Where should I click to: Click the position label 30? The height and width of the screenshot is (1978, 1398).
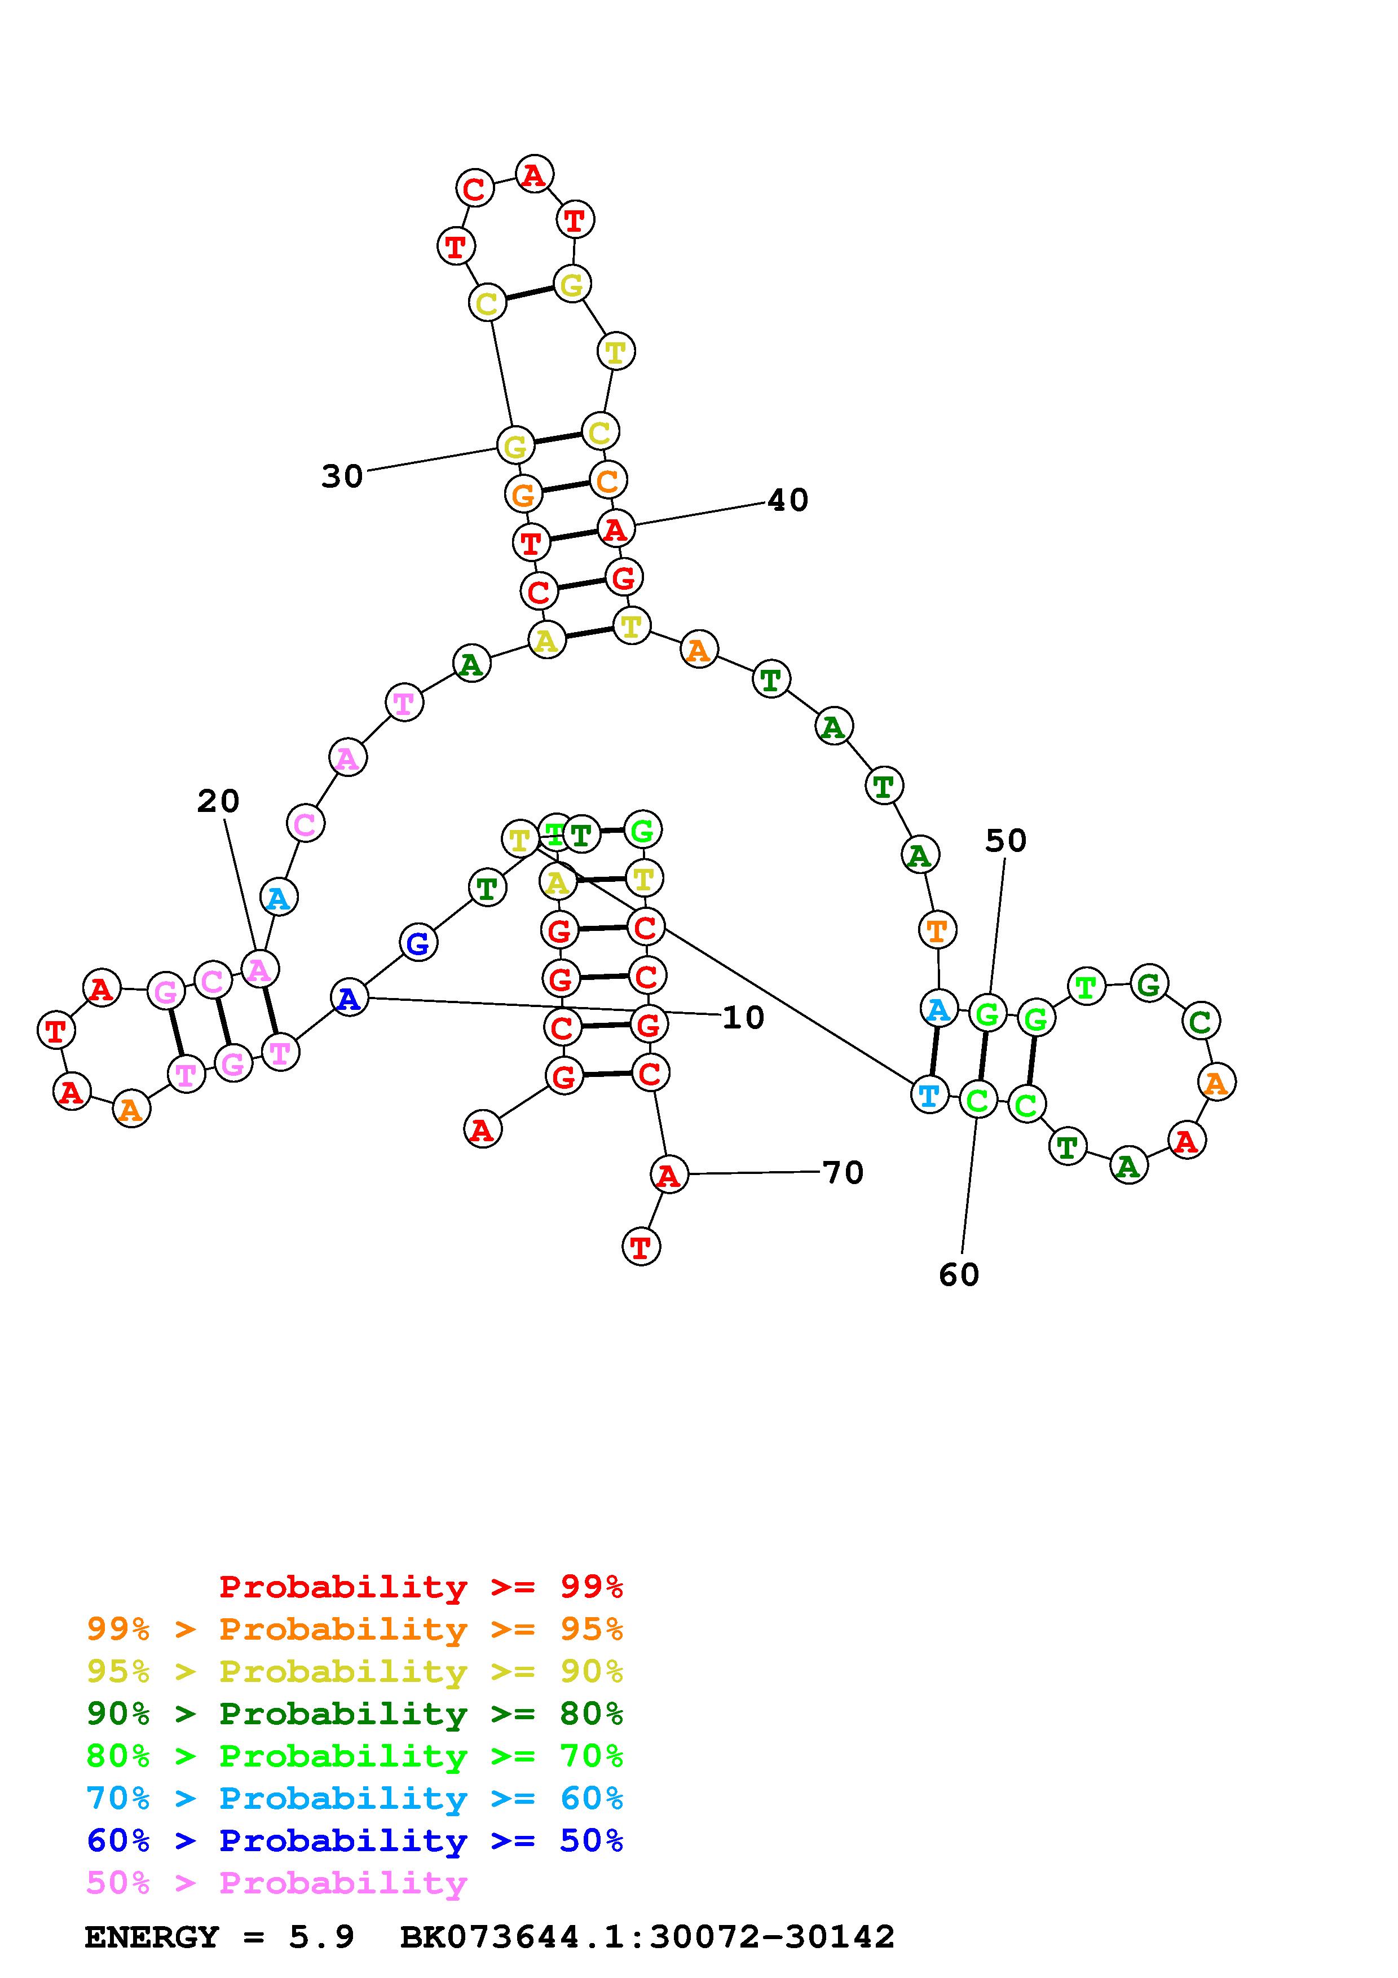[x=342, y=475]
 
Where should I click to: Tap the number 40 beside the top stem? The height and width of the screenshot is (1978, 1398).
[x=787, y=500]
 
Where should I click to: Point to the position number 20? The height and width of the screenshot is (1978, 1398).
[x=218, y=801]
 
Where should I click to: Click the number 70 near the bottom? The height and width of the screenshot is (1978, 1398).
[x=843, y=1172]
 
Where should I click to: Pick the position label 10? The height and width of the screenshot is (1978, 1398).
[x=743, y=1017]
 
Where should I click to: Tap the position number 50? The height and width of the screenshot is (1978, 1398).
[x=1005, y=840]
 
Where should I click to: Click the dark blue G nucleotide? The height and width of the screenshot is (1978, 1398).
[x=418, y=943]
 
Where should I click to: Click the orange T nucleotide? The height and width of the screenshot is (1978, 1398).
[x=936, y=930]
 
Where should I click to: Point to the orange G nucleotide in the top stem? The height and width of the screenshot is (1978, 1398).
[x=523, y=496]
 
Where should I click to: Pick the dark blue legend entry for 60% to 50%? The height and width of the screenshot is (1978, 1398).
[x=354, y=1840]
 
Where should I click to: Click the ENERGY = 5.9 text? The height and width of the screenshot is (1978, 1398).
[x=219, y=1937]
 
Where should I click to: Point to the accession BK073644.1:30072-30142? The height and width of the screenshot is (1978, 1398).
[x=647, y=1937]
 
